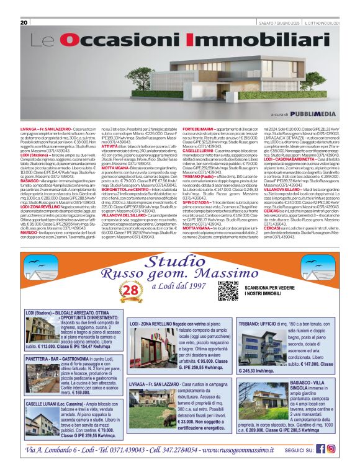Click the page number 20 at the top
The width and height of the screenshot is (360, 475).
click(x=24, y=22)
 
